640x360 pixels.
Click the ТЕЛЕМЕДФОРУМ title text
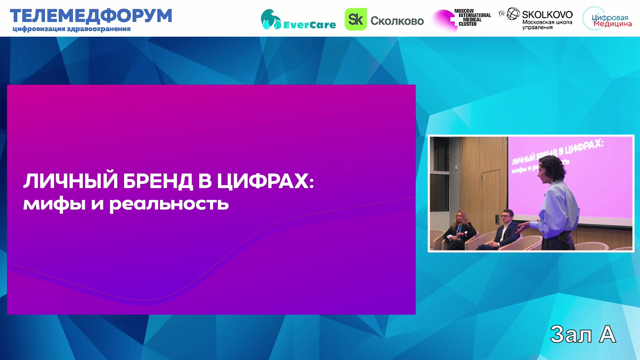point(91,16)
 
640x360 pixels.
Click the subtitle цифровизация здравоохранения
point(72,29)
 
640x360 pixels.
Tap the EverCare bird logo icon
point(271,19)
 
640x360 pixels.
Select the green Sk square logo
point(356,19)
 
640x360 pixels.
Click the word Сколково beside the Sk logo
point(397,21)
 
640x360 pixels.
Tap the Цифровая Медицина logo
point(607,19)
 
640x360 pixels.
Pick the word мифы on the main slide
point(54,203)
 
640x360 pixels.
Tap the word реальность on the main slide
point(169,204)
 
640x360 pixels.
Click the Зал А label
point(583,334)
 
